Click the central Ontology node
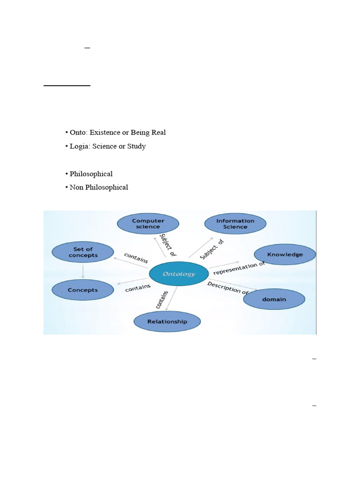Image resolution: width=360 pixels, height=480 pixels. (179, 274)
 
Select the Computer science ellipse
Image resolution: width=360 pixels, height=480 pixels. (148, 224)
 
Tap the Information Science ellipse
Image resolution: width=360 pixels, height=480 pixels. (235, 224)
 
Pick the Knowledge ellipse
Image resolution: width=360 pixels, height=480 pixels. (285, 255)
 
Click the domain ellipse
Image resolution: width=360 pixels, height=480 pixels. (274, 299)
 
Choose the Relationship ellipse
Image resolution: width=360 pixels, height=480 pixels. (167, 322)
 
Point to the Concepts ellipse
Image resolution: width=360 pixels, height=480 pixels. (82, 290)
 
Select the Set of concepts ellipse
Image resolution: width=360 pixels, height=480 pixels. (82, 252)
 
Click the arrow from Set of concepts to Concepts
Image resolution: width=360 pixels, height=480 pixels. (82, 271)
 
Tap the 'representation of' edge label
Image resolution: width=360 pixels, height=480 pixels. (239, 269)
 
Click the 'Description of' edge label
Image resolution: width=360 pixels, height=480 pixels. (228, 287)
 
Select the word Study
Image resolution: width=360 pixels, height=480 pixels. (135, 146)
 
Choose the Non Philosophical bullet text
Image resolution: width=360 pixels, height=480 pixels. (99, 187)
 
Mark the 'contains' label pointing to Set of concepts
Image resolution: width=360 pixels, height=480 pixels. (136, 258)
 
